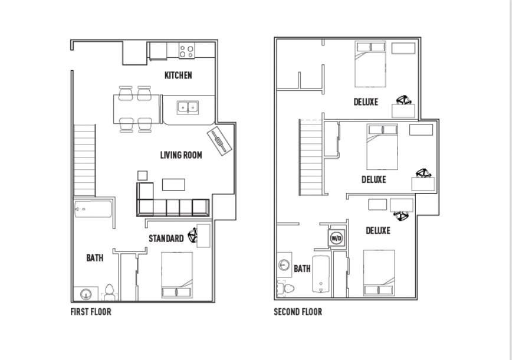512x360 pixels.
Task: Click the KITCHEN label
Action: click(178, 76)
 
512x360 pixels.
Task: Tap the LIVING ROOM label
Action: click(181, 155)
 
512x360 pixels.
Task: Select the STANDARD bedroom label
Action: click(166, 238)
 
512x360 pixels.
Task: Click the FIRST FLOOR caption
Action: click(91, 312)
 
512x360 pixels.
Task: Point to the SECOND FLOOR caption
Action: click(298, 312)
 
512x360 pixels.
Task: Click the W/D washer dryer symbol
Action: click(336, 238)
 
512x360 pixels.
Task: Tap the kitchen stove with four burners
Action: click(187, 51)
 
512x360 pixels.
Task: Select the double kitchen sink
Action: click(188, 107)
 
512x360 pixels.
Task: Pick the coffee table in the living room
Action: click(173, 185)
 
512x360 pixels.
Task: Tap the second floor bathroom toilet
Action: click(287, 289)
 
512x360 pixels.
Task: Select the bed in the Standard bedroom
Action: click(177, 274)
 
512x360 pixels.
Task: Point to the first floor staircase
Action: click(84, 160)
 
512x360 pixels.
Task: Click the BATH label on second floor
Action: click(302, 269)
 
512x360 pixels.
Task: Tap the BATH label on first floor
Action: click(94, 258)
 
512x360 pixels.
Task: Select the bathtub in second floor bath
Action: click(321, 274)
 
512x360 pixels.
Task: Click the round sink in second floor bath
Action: click(284, 265)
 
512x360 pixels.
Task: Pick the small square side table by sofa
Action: click(142, 175)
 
